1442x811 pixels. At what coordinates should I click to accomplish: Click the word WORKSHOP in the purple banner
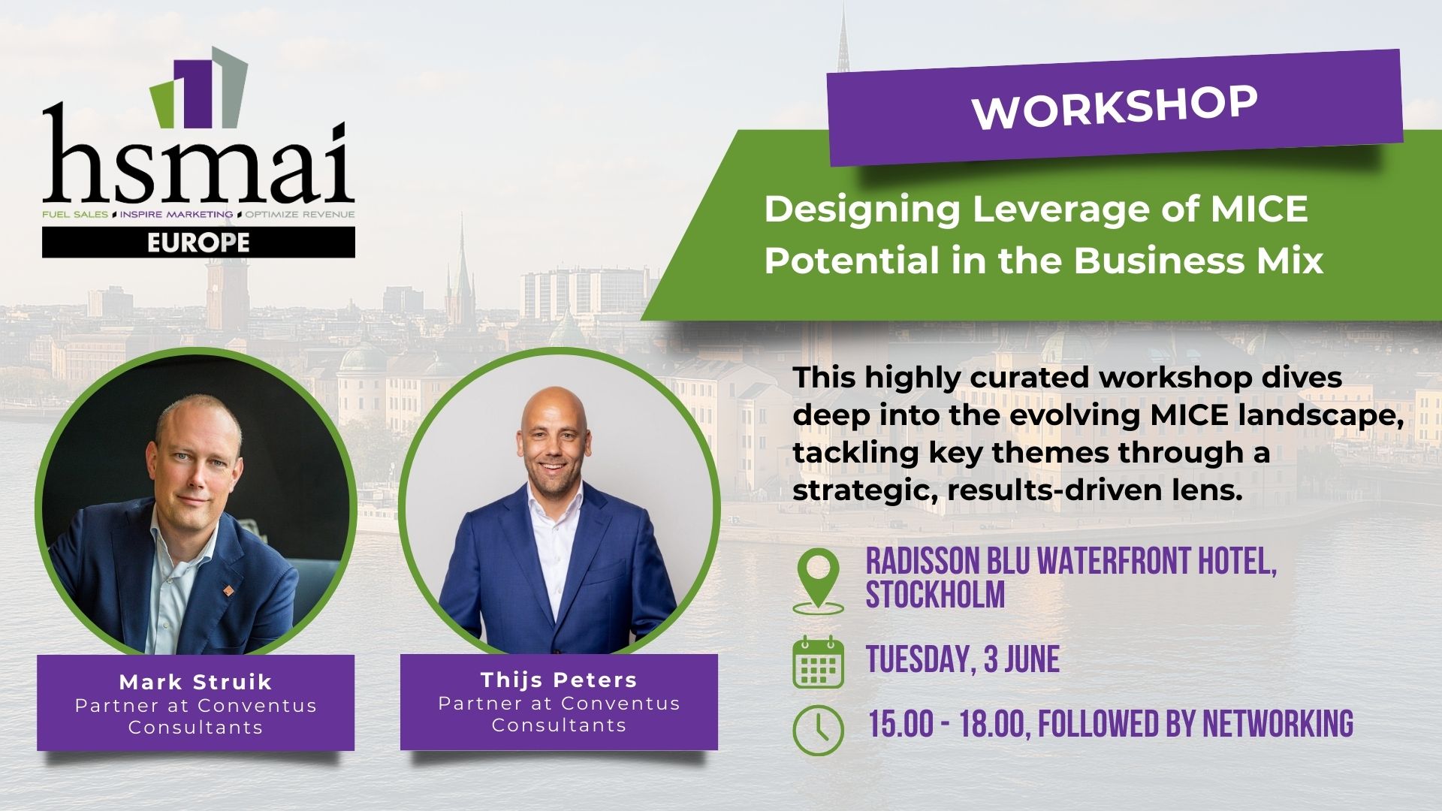[x=1115, y=108]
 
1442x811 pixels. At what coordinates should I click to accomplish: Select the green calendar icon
[x=819, y=662]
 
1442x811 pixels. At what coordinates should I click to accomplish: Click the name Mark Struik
[x=195, y=682]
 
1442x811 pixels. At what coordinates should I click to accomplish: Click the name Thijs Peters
[x=559, y=680]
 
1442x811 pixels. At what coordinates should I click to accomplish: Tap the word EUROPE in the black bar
[x=198, y=243]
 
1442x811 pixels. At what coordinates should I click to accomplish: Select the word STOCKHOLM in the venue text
[x=935, y=595]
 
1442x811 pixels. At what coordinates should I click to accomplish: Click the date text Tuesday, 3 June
[x=963, y=659]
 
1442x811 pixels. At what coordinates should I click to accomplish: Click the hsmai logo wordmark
[x=198, y=161]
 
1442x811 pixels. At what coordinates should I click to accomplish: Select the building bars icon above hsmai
[x=198, y=86]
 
